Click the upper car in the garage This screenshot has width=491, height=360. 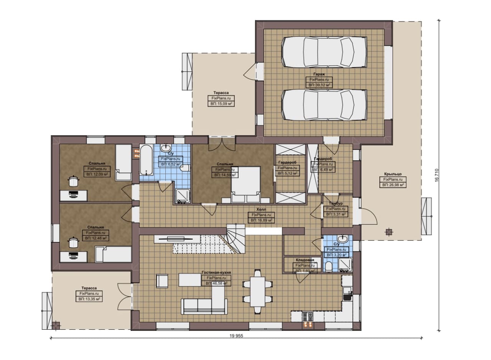pos(325,52)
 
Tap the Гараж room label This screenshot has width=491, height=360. pos(319,74)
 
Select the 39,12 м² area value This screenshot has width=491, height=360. pos(319,85)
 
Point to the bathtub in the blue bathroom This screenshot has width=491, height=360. pos(146,160)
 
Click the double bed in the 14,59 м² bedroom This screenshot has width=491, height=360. pos(246,184)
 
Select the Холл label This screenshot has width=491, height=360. pos(261,209)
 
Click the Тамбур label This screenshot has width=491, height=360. pos(336,204)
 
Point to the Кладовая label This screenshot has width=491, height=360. pos(305,260)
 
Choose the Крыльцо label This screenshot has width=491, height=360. pos(393,174)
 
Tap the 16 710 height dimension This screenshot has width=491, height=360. pos(437,175)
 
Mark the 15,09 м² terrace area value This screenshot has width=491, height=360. pos(221,104)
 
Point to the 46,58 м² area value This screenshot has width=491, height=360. pos(216,283)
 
